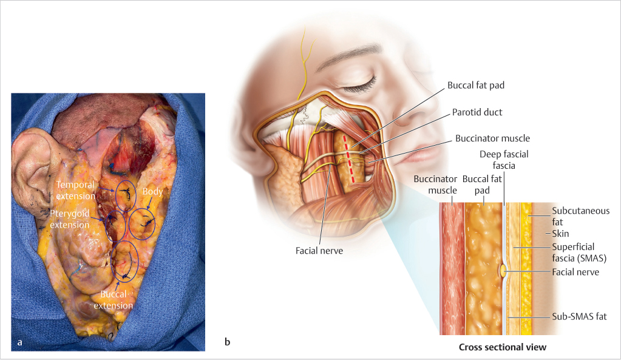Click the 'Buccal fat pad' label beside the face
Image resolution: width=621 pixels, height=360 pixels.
point(476,86)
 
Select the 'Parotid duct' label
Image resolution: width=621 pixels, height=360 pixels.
point(477,112)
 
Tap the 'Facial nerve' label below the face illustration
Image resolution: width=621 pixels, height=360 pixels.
point(319,250)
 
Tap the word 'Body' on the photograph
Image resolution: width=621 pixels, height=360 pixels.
point(152,191)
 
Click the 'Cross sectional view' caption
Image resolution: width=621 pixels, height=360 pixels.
point(502,347)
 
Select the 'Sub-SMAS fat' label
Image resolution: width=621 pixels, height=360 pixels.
point(579,316)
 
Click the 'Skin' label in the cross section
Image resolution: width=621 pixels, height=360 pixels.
point(560,233)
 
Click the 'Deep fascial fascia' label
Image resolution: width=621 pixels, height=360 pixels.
point(503,159)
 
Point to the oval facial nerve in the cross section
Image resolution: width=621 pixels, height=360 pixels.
point(503,272)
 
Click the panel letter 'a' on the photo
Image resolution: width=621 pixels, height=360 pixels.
point(20,343)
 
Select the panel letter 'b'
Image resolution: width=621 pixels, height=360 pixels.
point(227,343)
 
